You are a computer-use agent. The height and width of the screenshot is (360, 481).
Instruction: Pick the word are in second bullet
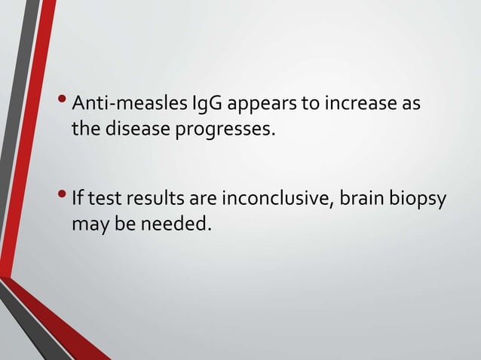coord(200,200)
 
